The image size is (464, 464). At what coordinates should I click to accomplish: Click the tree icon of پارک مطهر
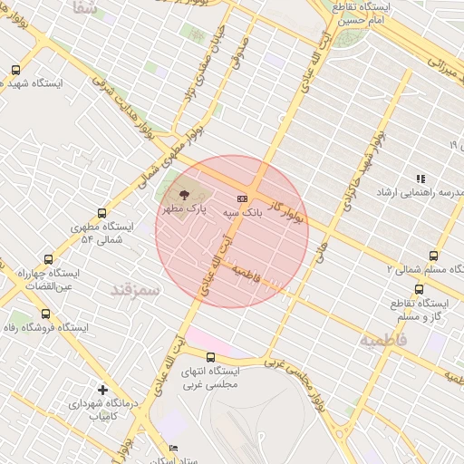point(184,194)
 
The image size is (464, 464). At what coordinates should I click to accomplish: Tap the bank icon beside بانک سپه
point(242,198)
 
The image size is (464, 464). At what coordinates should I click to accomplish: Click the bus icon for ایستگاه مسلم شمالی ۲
point(432,256)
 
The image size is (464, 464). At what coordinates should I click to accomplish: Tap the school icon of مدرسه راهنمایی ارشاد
point(420,179)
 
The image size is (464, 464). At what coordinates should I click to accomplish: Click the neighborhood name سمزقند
point(135,290)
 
